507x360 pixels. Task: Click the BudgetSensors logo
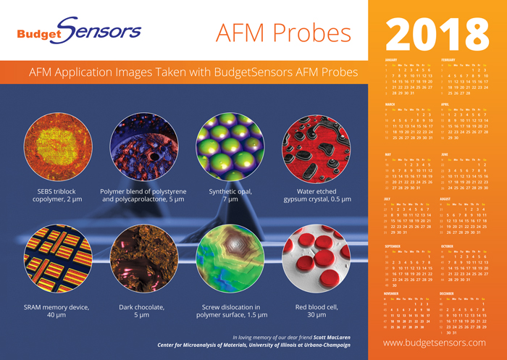[79, 31]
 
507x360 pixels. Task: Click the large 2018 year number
[437, 31]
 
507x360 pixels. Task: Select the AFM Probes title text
[284, 32]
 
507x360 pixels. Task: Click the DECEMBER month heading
[449, 293]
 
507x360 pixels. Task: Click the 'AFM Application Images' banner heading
[193, 73]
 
